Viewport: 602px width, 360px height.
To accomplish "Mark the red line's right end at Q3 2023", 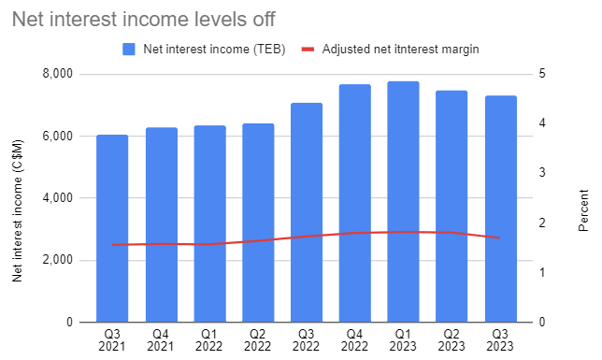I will click(x=501, y=238).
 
